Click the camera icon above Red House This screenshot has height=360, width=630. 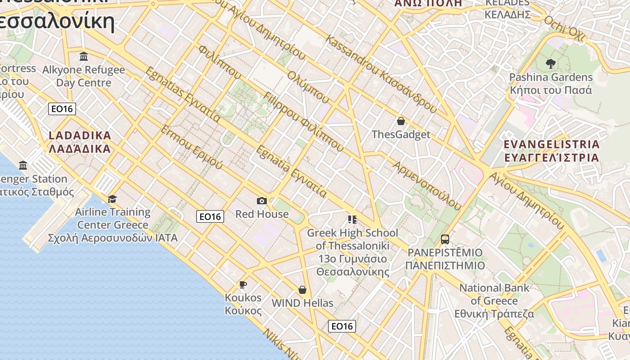[x=261, y=201]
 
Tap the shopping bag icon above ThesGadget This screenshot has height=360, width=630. [x=400, y=121]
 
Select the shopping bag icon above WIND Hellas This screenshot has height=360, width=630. [x=302, y=290]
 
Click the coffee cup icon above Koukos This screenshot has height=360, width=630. [x=243, y=284]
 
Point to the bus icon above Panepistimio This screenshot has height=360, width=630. [x=445, y=239]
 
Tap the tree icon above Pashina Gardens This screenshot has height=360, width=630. [x=550, y=64]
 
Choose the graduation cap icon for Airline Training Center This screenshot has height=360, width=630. [x=112, y=199]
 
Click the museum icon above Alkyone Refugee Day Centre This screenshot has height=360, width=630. [x=84, y=57]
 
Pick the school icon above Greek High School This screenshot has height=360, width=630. [x=352, y=220]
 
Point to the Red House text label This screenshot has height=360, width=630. [x=262, y=214]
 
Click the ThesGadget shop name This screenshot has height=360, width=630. [x=400, y=134]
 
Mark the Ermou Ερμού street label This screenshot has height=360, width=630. [x=191, y=147]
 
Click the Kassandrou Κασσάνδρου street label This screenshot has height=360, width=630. [x=381, y=74]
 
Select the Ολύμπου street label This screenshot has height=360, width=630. [x=309, y=87]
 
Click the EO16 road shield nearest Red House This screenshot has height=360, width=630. [x=210, y=216]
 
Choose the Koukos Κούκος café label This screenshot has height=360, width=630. [x=243, y=304]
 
